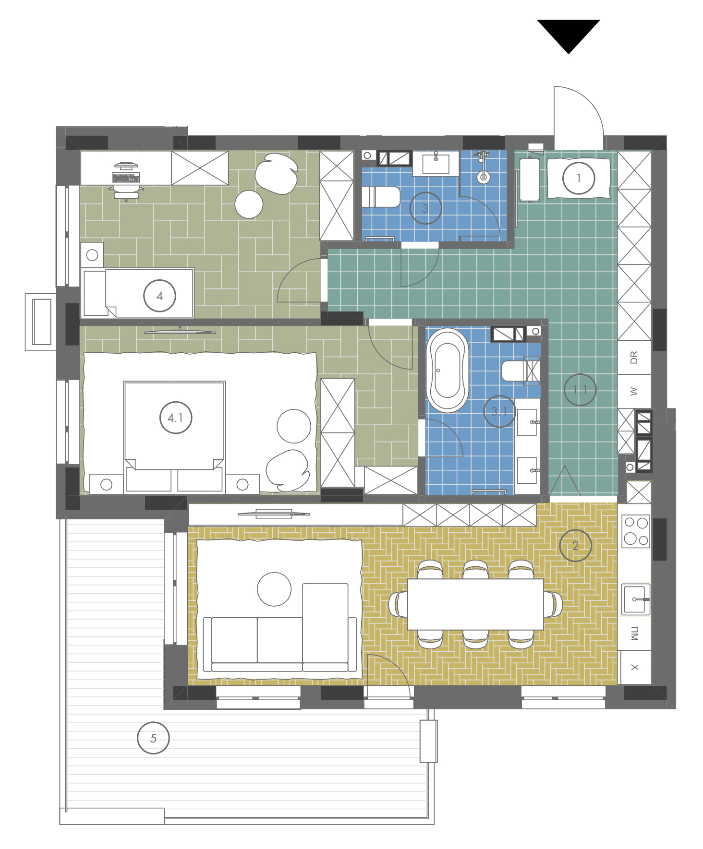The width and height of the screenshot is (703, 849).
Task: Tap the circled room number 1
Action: pos(579,178)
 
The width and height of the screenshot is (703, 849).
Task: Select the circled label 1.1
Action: pos(580,390)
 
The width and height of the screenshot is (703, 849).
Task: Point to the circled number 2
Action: pos(575,546)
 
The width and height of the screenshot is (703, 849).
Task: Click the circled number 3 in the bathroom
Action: pos(425,208)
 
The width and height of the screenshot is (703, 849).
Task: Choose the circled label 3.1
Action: pos(499,411)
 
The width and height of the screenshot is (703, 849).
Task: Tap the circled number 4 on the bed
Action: pos(160,296)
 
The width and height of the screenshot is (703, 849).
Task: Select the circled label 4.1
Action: pos(176,418)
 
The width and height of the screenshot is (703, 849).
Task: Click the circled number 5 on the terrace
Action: pos(153,738)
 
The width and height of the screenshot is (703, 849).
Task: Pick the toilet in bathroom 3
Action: pos(381,197)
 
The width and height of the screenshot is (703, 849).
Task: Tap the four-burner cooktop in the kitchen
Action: pos(636,531)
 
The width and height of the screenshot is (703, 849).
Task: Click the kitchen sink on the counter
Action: pos(636,599)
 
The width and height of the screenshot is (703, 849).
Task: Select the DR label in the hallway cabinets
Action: pos(634,358)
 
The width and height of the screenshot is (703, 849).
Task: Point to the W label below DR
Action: pos(634,392)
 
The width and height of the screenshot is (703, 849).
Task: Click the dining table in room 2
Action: pos(475,604)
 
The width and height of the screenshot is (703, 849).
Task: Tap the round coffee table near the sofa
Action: pos(274,589)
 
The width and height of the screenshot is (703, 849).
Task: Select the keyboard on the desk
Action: pos(126,178)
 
